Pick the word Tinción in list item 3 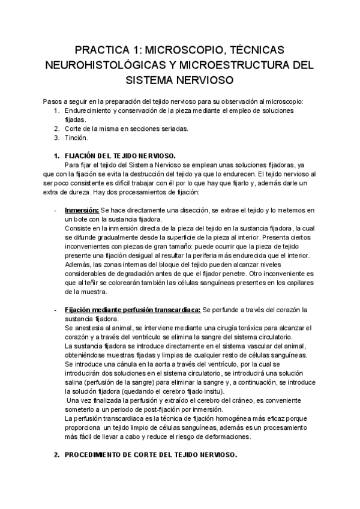pyautogui.click(x=76, y=137)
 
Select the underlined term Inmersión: pyautogui.click(x=81, y=210)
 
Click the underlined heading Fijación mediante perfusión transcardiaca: pyautogui.click(x=132, y=310)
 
